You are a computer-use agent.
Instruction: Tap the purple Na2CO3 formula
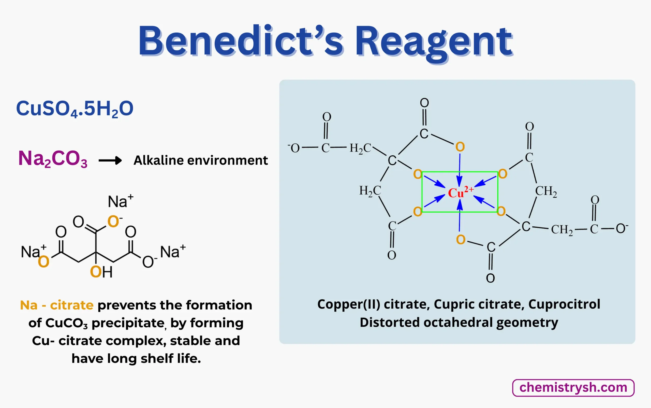(x=53, y=159)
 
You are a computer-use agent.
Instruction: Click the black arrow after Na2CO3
(x=110, y=160)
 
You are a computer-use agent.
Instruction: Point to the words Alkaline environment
(x=200, y=160)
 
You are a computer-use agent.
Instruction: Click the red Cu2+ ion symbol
(x=460, y=192)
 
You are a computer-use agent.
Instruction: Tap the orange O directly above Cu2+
(x=460, y=147)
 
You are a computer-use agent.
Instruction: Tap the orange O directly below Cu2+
(x=461, y=240)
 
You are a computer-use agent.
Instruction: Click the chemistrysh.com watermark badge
(x=573, y=388)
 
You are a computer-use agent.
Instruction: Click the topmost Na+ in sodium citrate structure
(x=120, y=201)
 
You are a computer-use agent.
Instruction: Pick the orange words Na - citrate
(x=57, y=305)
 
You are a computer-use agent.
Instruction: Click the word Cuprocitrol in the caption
(x=564, y=304)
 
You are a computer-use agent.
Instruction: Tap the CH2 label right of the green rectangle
(x=546, y=191)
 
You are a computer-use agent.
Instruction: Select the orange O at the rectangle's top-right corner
(x=502, y=174)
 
